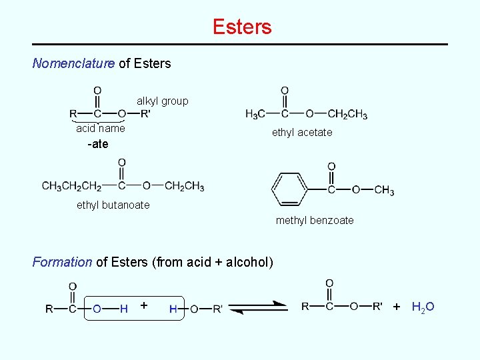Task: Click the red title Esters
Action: click(242, 27)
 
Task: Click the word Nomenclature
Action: click(73, 64)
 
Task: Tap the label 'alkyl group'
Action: click(163, 101)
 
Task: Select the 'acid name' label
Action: click(100, 128)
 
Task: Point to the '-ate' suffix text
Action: click(97, 144)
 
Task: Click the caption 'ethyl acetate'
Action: click(301, 133)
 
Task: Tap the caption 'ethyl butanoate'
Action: click(113, 205)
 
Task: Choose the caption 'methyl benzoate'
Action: click(315, 221)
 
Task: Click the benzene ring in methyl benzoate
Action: click(289, 189)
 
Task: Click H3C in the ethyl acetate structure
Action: click(257, 114)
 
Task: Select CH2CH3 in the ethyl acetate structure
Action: click(348, 114)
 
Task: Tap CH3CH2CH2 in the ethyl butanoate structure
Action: click(71, 186)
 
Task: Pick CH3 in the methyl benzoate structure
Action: click(384, 191)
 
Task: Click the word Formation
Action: click(63, 262)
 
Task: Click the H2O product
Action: click(423, 307)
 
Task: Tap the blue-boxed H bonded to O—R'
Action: click(173, 309)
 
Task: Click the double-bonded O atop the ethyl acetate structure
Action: click(285, 91)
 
